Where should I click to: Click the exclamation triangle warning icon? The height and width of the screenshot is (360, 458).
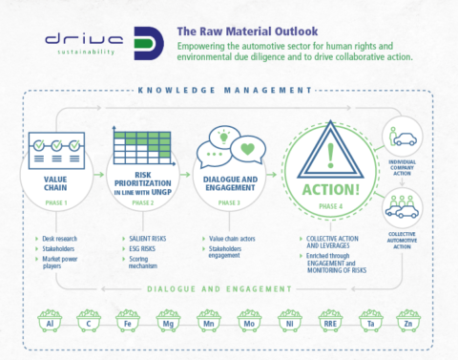click(330, 151)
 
